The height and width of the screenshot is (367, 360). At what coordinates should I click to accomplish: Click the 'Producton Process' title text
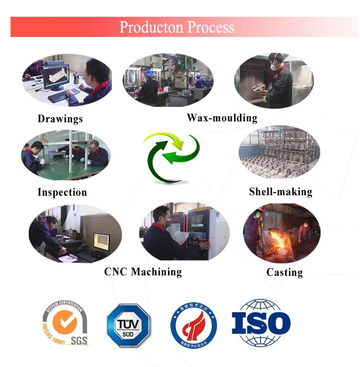click(177, 27)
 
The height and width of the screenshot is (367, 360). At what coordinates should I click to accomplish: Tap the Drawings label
click(60, 119)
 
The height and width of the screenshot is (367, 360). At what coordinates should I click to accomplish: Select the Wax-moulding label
click(222, 118)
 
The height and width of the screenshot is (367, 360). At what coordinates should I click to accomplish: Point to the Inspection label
click(62, 192)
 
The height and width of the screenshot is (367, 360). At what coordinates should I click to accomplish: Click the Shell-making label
click(280, 192)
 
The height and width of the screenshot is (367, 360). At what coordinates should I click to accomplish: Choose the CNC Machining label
click(143, 272)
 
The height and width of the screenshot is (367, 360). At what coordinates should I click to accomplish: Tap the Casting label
click(284, 272)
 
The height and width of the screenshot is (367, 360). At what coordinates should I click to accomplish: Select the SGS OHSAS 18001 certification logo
click(66, 323)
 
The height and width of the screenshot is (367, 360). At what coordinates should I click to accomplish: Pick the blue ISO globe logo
click(261, 323)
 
